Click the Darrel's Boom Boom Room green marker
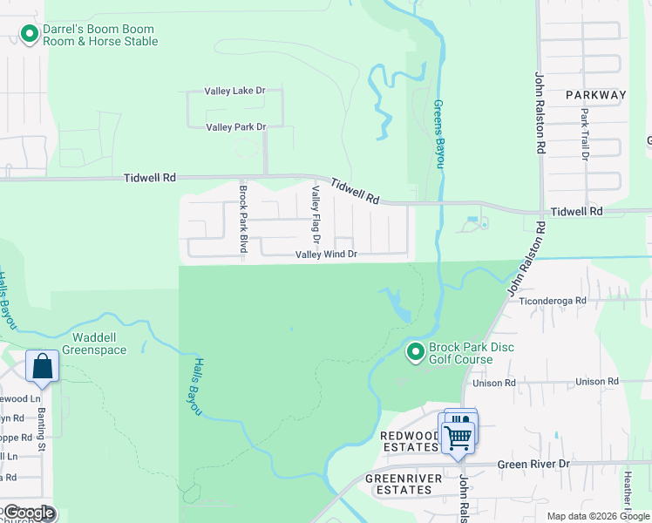tap(29, 35)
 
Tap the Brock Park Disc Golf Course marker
tap(416, 352)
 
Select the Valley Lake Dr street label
tap(234, 91)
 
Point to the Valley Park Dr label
tap(235, 127)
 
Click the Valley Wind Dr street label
tap(327, 255)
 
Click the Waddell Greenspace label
tap(88, 343)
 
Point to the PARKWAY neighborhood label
tap(595, 95)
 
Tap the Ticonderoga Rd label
tap(554, 300)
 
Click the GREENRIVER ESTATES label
tap(398, 484)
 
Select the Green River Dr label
tap(533, 465)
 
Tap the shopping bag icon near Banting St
tap(42, 367)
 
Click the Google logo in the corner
tap(29, 513)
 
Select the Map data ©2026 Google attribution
tap(598, 516)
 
